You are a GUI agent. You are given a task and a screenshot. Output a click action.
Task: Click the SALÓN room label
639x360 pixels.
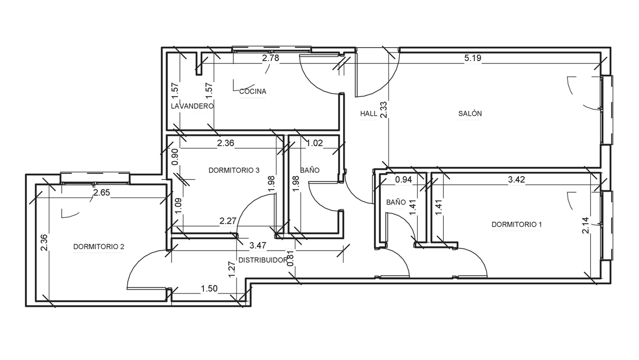click(x=470, y=114)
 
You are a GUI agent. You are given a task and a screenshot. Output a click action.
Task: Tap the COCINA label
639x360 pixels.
click(x=253, y=91)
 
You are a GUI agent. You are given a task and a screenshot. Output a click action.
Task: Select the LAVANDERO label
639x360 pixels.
click(x=192, y=106)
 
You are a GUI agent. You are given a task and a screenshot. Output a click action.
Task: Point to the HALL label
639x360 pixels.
click(x=368, y=114)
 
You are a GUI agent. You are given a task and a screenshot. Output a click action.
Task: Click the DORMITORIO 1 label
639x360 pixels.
click(x=517, y=224)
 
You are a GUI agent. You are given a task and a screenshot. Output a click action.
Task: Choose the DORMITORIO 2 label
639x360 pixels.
click(x=98, y=247)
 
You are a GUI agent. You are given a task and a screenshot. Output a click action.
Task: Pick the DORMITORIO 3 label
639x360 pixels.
click(x=234, y=170)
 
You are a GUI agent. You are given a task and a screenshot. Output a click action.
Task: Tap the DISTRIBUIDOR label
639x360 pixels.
click(x=263, y=260)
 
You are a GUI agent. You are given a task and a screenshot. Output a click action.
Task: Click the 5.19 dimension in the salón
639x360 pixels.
click(x=473, y=58)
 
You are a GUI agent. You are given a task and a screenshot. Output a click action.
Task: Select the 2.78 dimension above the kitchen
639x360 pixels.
click(x=271, y=58)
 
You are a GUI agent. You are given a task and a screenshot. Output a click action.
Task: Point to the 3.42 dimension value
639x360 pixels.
click(x=516, y=179)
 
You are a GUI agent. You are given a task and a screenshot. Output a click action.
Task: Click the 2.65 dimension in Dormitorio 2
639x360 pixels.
click(x=102, y=192)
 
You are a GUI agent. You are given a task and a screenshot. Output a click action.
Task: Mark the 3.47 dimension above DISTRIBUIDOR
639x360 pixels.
click(x=258, y=245)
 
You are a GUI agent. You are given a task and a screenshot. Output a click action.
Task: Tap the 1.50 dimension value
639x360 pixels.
click(x=209, y=289)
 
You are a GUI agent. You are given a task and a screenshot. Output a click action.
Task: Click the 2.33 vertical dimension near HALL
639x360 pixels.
click(x=384, y=110)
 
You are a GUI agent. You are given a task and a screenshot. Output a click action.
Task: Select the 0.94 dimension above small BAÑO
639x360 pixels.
click(x=404, y=179)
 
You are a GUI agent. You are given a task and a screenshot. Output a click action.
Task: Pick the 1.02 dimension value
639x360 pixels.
click(x=314, y=143)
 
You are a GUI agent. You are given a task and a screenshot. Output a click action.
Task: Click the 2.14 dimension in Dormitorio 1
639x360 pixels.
click(x=585, y=225)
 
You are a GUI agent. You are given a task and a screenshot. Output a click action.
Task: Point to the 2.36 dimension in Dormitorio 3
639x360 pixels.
click(x=226, y=143)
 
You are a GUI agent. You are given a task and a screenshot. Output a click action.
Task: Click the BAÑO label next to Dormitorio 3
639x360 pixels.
click(x=309, y=170)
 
